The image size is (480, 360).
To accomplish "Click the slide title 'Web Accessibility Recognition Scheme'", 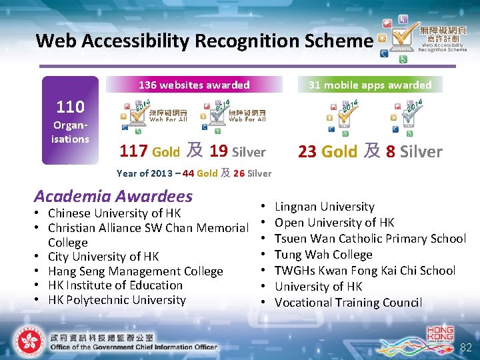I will (204, 41).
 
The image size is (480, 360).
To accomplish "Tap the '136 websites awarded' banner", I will (194, 85).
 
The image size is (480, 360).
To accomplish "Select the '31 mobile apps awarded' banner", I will (369, 85).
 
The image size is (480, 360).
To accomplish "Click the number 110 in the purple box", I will (70, 107).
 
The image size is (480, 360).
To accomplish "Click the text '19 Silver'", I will (237, 151).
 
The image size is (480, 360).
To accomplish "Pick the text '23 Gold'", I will (327, 151).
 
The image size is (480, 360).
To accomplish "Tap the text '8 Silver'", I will (414, 151).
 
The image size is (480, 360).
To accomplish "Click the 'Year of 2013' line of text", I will (193, 173).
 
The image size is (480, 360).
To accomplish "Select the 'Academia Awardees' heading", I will (113, 196).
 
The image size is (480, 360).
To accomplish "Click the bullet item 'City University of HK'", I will (103, 257).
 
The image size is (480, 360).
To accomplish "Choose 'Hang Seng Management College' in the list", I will (135, 271).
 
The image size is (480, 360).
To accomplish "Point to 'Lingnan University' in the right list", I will (325, 207).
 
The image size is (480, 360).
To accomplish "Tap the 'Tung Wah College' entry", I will (323, 255).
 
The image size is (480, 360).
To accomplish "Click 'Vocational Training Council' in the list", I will (348, 303).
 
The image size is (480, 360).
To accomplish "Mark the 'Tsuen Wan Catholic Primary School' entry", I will (370, 239).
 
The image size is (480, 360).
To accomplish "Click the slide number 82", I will (465, 347).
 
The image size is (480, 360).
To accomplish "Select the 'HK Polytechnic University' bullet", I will (117, 300).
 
